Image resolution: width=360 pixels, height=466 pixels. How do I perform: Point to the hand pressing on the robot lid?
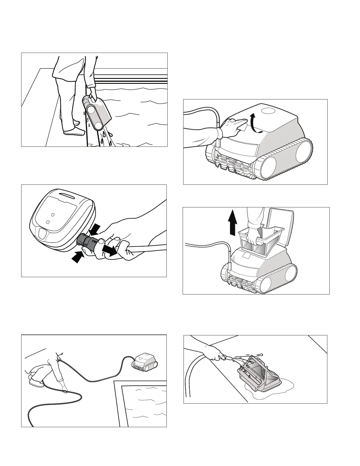click(232, 125)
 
